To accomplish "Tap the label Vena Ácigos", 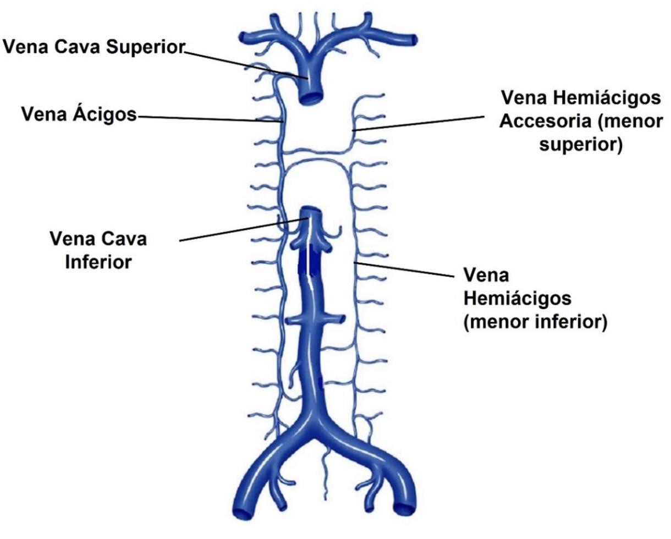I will click(x=79, y=114).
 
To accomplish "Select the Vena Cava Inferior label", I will click(x=98, y=250).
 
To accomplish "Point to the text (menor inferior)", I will click(x=535, y=322).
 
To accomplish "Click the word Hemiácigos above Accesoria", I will click(x=605, y=98).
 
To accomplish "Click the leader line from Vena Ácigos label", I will click(x=209, y=118).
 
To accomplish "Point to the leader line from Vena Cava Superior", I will click(x=242, y=63).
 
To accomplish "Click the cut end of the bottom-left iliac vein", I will click(x=242, y=514).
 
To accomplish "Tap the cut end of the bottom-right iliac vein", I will click(x=404, y=509).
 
